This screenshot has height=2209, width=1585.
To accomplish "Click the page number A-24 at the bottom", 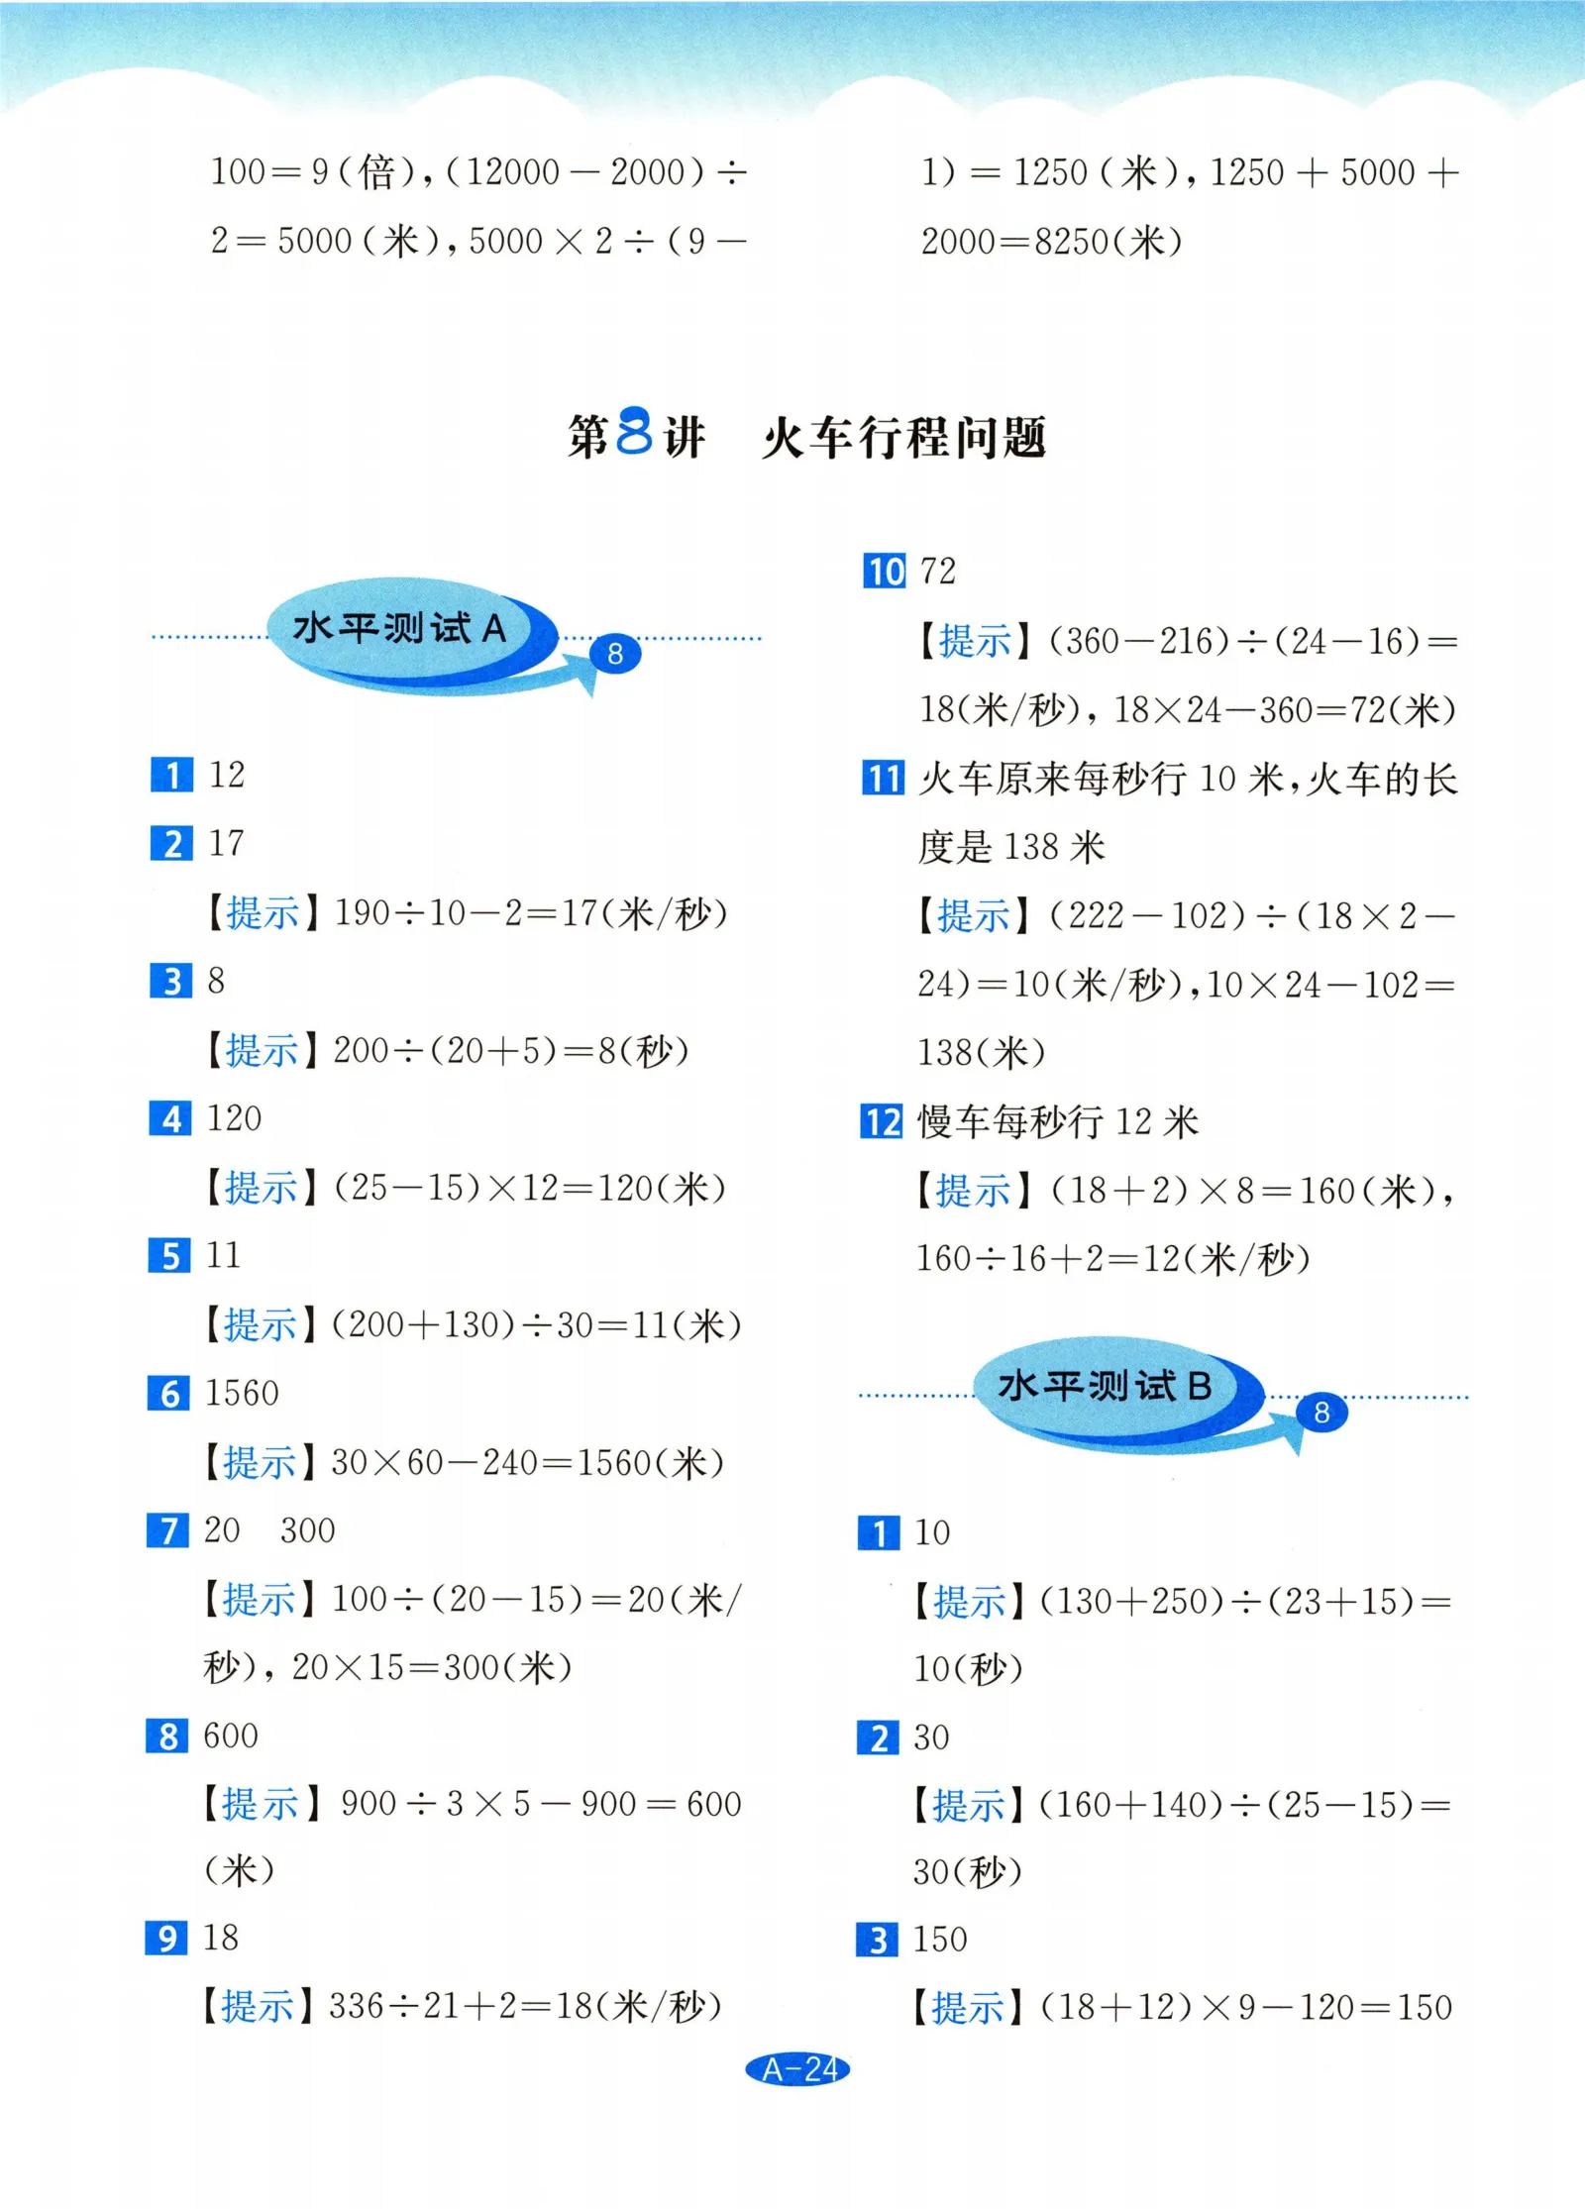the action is (797, 2068).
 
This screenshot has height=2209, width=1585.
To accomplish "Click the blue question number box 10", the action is (884, 572).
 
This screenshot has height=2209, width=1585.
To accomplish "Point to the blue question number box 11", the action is (883, 778).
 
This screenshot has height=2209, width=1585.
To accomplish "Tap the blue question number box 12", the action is (882, 1122).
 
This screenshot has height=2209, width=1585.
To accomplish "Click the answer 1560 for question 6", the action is (242, 1394).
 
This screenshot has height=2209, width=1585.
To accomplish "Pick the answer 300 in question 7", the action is (307, 1530).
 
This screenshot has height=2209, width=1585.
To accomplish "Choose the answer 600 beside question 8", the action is (230, 1736).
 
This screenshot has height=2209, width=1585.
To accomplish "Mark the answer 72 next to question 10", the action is (938, 572).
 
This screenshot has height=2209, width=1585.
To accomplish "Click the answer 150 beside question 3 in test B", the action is (940, 1939).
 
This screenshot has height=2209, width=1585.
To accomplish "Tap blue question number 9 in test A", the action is (166, 1938).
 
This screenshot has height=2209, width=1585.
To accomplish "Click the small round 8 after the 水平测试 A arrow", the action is (615, 654).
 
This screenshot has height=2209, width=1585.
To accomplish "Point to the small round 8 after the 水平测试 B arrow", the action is (1321, 1413).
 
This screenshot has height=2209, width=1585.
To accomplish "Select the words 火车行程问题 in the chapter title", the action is (904, 437).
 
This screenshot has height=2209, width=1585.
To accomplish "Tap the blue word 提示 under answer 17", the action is (263, 912).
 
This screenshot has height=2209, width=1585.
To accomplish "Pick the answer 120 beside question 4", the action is (235, 1118).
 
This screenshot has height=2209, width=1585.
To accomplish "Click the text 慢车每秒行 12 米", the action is (1058, 1122).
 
